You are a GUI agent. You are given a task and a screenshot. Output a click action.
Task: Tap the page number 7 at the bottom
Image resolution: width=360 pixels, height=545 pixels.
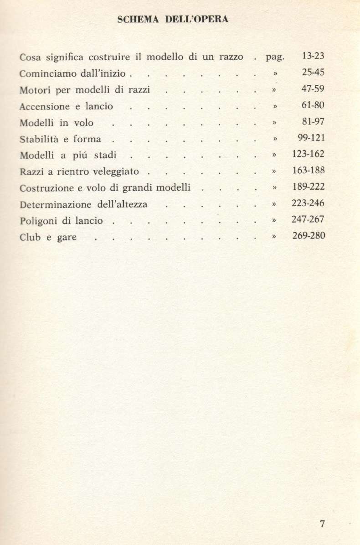[x=322, y=524]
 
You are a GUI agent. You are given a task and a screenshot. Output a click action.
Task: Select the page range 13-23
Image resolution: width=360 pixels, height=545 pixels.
[x=313, y=57]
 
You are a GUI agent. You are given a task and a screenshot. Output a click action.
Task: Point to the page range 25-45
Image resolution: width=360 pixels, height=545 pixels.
[x=313, y=73]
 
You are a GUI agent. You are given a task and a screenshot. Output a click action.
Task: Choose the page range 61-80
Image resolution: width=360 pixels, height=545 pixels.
[x=313, y=106]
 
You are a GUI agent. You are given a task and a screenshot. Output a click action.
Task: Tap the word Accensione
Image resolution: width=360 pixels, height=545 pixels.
[x=45, y=107]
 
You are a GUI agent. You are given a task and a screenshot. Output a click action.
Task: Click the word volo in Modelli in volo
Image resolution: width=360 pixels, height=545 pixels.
[x=83, y=123]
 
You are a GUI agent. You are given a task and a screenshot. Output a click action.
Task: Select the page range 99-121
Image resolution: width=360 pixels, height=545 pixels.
[x=311, y=139]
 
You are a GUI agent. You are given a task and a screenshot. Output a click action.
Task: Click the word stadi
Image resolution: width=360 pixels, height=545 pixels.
[x=106, y=156]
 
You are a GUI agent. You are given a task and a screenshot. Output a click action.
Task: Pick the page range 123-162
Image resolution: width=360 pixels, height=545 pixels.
[x=308, y=155]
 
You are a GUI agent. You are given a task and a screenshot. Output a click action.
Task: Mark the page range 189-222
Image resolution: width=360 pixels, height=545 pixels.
[x=308, y=187]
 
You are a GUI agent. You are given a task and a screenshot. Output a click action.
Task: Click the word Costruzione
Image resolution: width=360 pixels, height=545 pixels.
[x=46, y=188]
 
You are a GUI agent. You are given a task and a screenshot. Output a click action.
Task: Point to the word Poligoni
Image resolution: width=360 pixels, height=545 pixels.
[x=37, y=221]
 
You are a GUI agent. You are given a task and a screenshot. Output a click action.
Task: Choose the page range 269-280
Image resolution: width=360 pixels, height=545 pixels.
[x=308, y=236]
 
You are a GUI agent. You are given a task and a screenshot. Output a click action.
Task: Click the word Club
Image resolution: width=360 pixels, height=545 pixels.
[x=30, y=237]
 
